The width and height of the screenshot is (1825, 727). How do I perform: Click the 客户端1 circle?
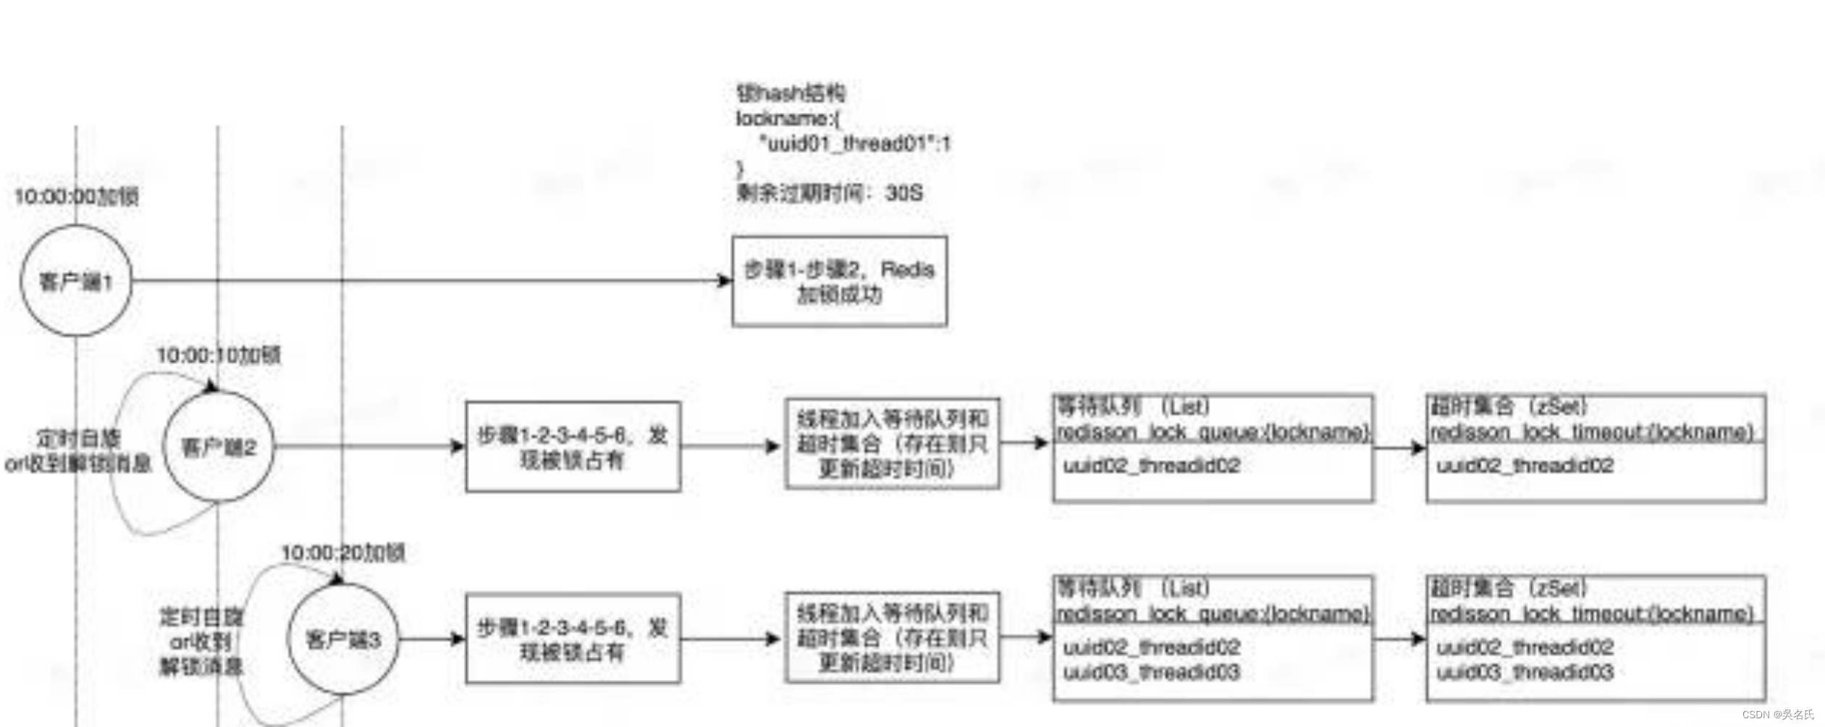(76, 281)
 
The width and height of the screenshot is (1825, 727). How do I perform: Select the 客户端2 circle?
(219, 447)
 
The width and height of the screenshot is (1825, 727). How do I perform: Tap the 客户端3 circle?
(343, 639)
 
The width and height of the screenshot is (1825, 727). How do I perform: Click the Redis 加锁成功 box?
(839, 281)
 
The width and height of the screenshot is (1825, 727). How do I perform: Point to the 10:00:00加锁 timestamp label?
(77, 196)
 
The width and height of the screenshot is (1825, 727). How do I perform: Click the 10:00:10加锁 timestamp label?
(219, 355)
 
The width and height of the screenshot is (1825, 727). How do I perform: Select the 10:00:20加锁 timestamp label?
(343, 552)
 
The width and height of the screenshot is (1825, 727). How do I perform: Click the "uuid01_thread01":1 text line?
(854, 143)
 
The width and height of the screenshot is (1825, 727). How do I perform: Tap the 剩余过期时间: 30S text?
(830, 193)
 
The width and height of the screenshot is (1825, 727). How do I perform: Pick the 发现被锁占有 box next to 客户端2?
(573, 447)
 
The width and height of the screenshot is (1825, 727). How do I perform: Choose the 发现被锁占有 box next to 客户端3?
(573, 639)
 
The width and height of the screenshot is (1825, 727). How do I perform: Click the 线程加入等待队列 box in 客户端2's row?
(892, 443)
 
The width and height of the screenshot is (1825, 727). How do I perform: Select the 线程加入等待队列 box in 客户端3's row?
(892, 638)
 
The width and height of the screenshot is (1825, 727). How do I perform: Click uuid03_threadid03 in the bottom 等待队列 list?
(1151, 672)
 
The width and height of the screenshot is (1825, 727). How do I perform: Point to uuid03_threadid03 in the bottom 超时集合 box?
(1525, 672)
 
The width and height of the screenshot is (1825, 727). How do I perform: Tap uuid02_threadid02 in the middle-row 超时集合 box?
(1525, 465)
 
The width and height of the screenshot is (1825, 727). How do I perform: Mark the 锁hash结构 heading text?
(791, 93)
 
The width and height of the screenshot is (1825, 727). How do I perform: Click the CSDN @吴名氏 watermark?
(1778, 714)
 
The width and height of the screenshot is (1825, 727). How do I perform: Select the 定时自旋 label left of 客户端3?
(201, 617)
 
